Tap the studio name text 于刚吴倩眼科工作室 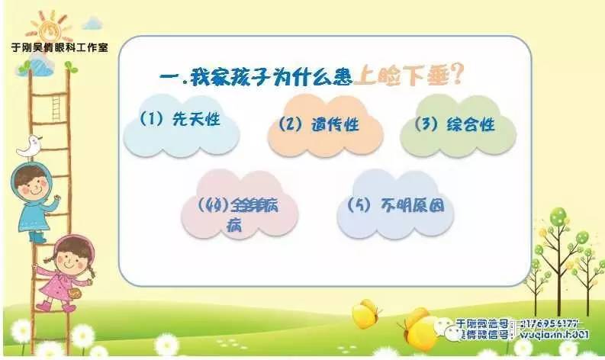pos(59,47)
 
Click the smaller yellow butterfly pos(365,313)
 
